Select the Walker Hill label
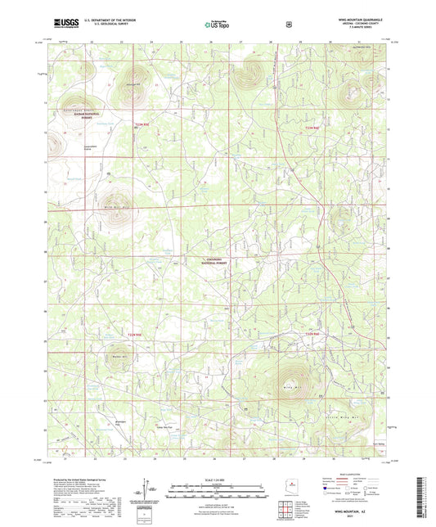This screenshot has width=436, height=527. tap(115, 357)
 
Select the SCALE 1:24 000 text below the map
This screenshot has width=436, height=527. tap(218, 479)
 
